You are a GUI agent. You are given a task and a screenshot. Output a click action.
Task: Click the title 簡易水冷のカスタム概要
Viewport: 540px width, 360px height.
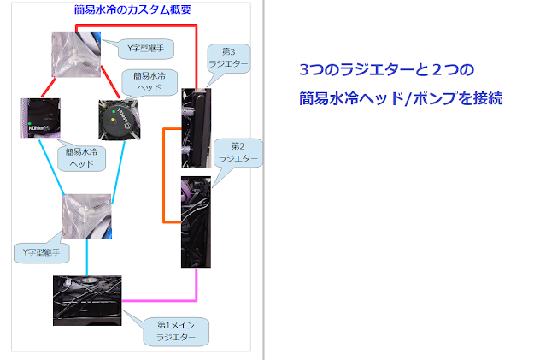[x=132, y=9]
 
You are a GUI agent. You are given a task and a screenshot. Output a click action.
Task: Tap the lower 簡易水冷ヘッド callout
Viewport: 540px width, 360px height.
[x=83, y=157]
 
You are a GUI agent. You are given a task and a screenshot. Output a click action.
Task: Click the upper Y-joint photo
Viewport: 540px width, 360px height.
[x=76, y=56]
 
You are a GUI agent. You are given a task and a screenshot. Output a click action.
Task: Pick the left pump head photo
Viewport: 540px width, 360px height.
[x=38, y=118]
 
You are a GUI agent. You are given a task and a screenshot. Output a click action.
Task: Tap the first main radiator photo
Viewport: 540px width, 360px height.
[x=87, y=299]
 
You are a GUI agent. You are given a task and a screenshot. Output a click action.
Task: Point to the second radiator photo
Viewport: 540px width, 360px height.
[x=196, y=221]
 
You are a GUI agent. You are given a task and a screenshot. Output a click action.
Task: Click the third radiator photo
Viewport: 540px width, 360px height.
[x=196, y=128]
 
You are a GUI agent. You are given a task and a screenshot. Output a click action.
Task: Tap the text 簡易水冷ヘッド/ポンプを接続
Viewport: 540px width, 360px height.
[x=401, y=98]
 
